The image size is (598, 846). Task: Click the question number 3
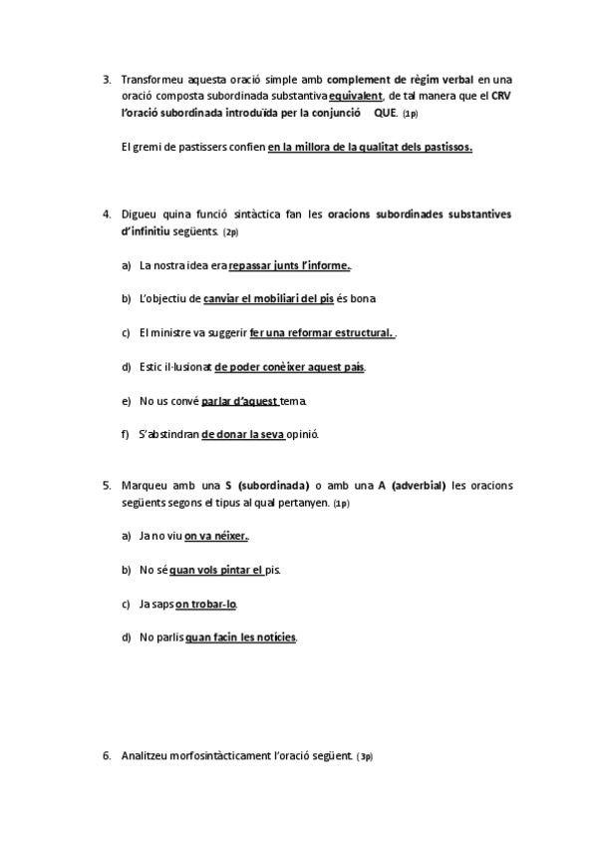[x=106, y=79]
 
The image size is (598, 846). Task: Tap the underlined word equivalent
[x=356, y=96]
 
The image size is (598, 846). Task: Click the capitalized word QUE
[x=385, y=113]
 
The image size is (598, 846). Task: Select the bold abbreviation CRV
[x=502, y=96]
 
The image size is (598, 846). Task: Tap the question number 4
[x=106, y=214]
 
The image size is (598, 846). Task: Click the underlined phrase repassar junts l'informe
[x=290, y=265]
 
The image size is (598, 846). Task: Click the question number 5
[x=106, y=486]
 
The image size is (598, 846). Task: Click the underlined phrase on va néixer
[x=216, y=537]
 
